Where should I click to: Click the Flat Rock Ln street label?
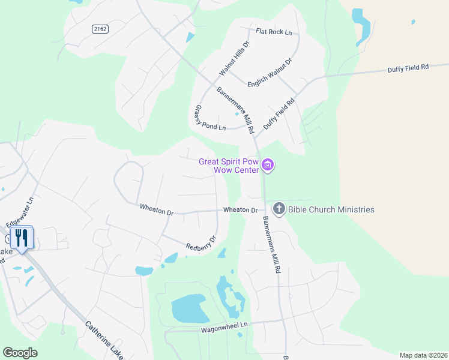[273, 31]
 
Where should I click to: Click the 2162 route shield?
[100, 29]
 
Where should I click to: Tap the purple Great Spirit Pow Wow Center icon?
[268, 164]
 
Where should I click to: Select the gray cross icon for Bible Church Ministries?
[279, 209]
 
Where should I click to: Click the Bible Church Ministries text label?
[331, 209]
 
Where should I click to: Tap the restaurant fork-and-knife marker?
[22, 238]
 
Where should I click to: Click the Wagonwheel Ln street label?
[224, 327]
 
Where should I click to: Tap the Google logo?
[20, 353]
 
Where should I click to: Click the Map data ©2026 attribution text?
[423, 355]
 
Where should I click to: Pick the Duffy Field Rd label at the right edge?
[408, 68]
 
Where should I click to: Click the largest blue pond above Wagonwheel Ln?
[190, 309]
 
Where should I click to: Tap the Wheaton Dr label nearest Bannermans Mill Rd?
[240, 210]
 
